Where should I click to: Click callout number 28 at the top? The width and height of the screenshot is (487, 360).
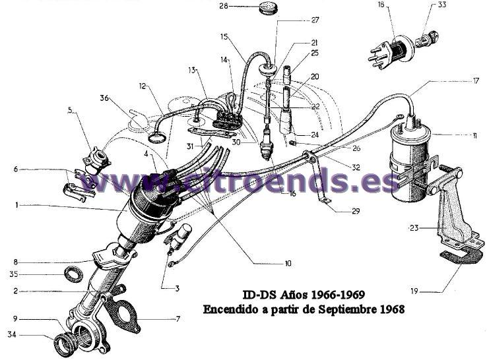(224, 7)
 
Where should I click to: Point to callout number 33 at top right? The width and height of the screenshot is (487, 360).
(460, 5)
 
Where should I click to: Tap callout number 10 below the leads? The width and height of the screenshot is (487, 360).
(288, 263)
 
